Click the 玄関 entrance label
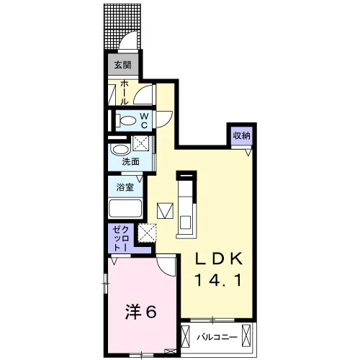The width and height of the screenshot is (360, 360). [122, 65]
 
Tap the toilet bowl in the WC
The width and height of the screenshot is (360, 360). [127, 120]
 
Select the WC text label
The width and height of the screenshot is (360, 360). [144, 121]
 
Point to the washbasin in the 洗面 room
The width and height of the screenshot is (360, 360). [121, 150]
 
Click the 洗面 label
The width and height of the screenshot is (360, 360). [130, 161]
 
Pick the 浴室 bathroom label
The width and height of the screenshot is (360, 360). [125, 187]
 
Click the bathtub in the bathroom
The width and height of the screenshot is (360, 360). [125, 208]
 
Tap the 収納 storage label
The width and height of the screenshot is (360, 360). [242, 135]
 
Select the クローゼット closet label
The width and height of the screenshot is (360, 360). [121, 239]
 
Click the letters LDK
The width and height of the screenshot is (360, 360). [218, 258]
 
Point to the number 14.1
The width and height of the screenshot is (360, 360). [218, 280]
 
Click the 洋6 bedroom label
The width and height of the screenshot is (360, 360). [141, 312]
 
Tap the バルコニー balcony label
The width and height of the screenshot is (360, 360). [217, 337]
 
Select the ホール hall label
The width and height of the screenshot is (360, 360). [124, 93]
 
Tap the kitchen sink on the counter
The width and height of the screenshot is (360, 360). [185, 222]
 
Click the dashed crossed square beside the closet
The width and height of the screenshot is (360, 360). [147, 233]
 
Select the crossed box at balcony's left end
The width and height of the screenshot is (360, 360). [185, 336]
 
